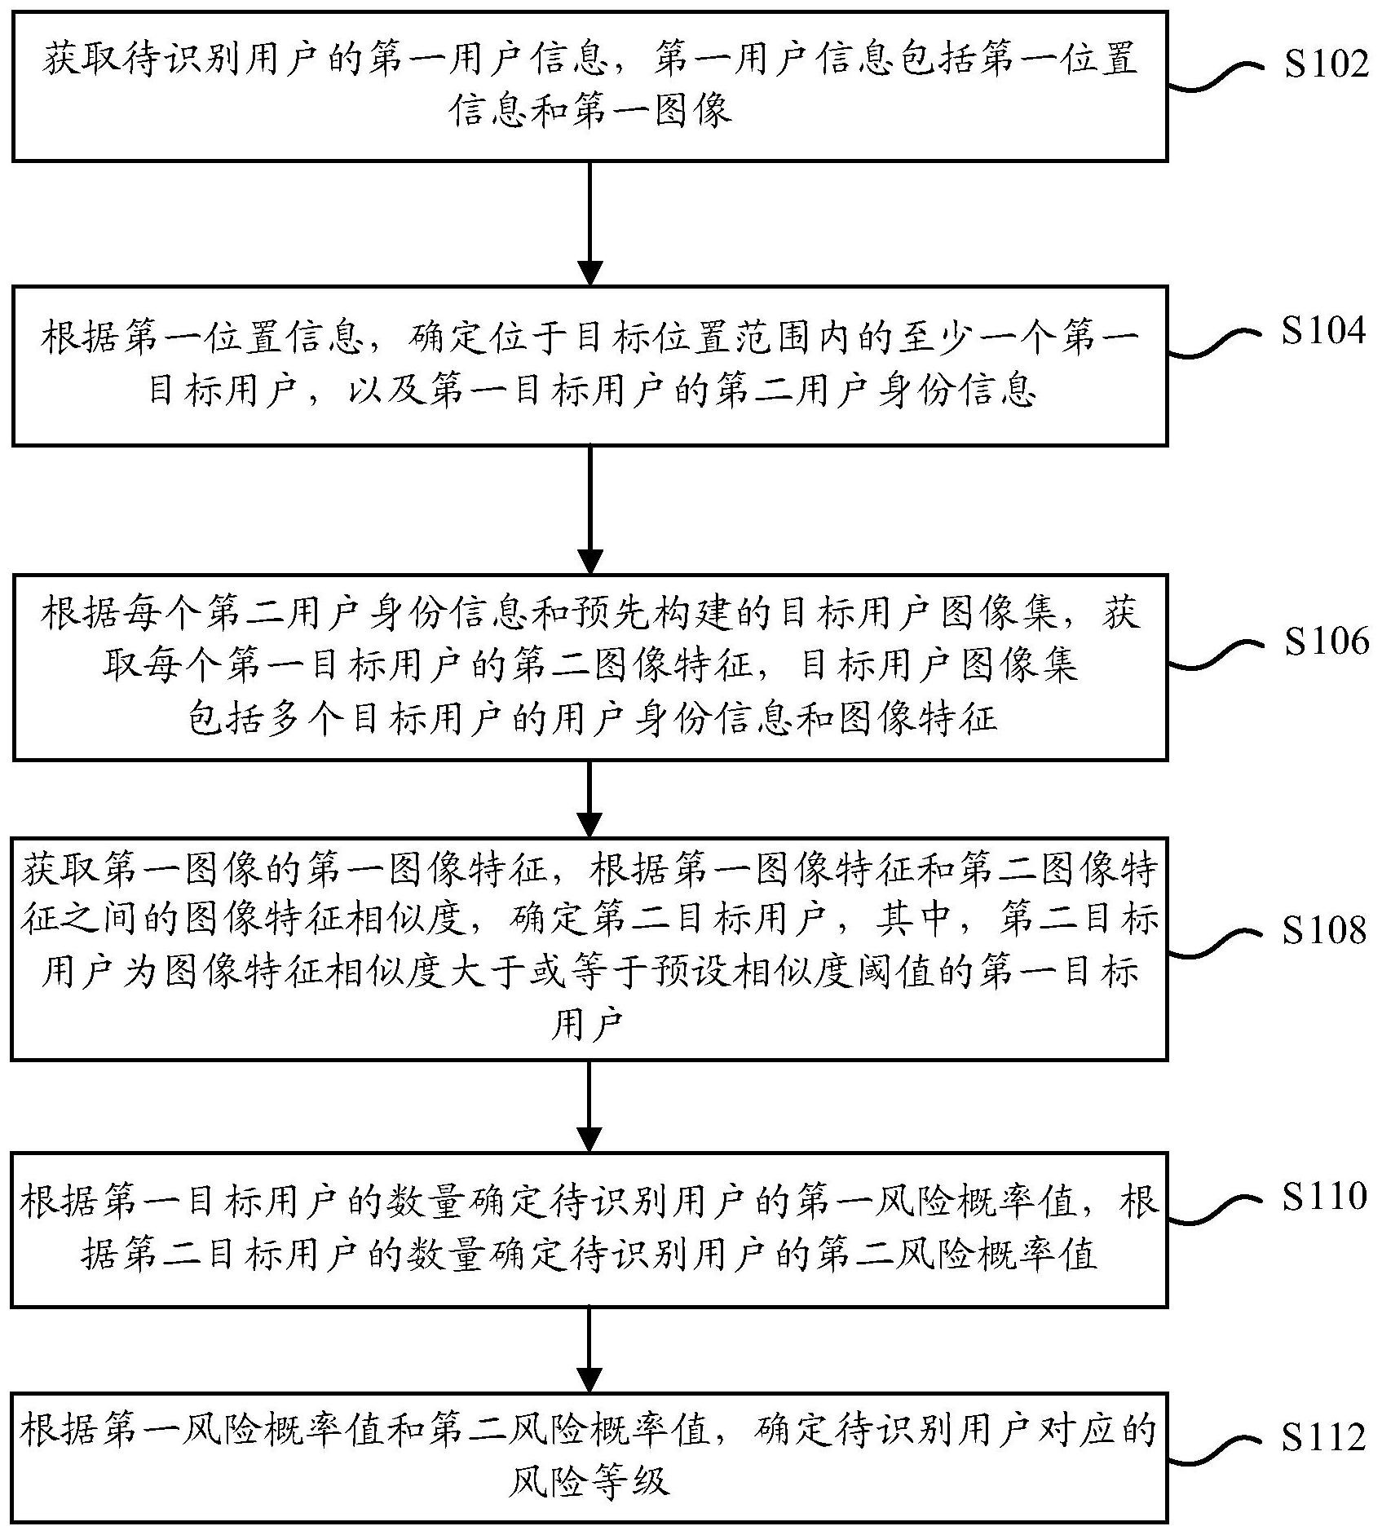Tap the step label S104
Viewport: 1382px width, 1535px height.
pyautogui.click(x=1322, y=331)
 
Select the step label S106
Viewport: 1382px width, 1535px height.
pyautogui.click(x=1326, y=642)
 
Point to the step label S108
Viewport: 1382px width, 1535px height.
pyautogui.click(x=1322, y=930)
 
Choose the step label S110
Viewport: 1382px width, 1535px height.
pyautogui.click(x=1322, y=1197)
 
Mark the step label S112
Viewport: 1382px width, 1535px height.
pyautogui.click(x=1322, y=1437)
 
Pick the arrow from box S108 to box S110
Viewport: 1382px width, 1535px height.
pyautogui.click(x=589, y=1105)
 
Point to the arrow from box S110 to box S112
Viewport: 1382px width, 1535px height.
pyautogui.click(x=589, y=1350)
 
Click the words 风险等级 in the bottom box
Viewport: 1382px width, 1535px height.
pyautogui.click(x=589, y=1480)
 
